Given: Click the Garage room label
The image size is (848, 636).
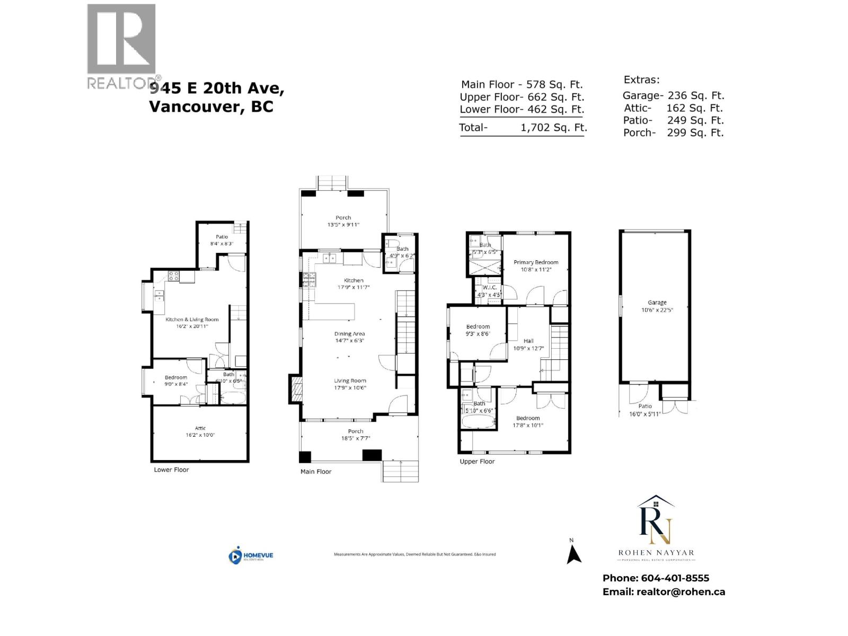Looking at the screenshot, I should coord(657,303).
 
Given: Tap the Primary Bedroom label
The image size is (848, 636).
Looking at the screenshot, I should coord(536,262).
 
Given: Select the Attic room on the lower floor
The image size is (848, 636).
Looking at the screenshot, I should coord(200,431).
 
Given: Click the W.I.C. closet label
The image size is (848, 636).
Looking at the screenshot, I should coord(489,287).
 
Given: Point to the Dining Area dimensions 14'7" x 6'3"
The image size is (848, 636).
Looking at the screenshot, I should coord(349,341).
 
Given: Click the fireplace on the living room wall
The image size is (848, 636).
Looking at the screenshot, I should coord(296,390).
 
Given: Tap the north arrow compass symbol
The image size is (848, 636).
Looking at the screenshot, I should coord(573,554).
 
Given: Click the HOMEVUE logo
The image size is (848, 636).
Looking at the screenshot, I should coord(251,555).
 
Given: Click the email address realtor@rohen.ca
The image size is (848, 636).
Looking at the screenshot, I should coord(681,592).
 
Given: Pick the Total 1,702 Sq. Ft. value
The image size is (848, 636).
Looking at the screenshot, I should coord(554,127).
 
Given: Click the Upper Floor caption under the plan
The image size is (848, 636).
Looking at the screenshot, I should coord(477,462).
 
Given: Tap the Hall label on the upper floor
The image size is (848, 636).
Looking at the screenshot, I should coord(528,341).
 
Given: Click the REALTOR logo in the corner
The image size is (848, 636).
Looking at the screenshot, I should coord(122,47).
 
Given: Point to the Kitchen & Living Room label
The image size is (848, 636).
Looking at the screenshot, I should coord(192,320).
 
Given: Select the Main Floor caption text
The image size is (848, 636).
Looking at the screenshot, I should coord(316,472).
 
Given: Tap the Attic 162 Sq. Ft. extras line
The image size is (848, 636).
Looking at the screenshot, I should coord(673,108).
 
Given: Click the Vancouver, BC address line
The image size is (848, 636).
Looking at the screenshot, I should coord(211,107).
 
